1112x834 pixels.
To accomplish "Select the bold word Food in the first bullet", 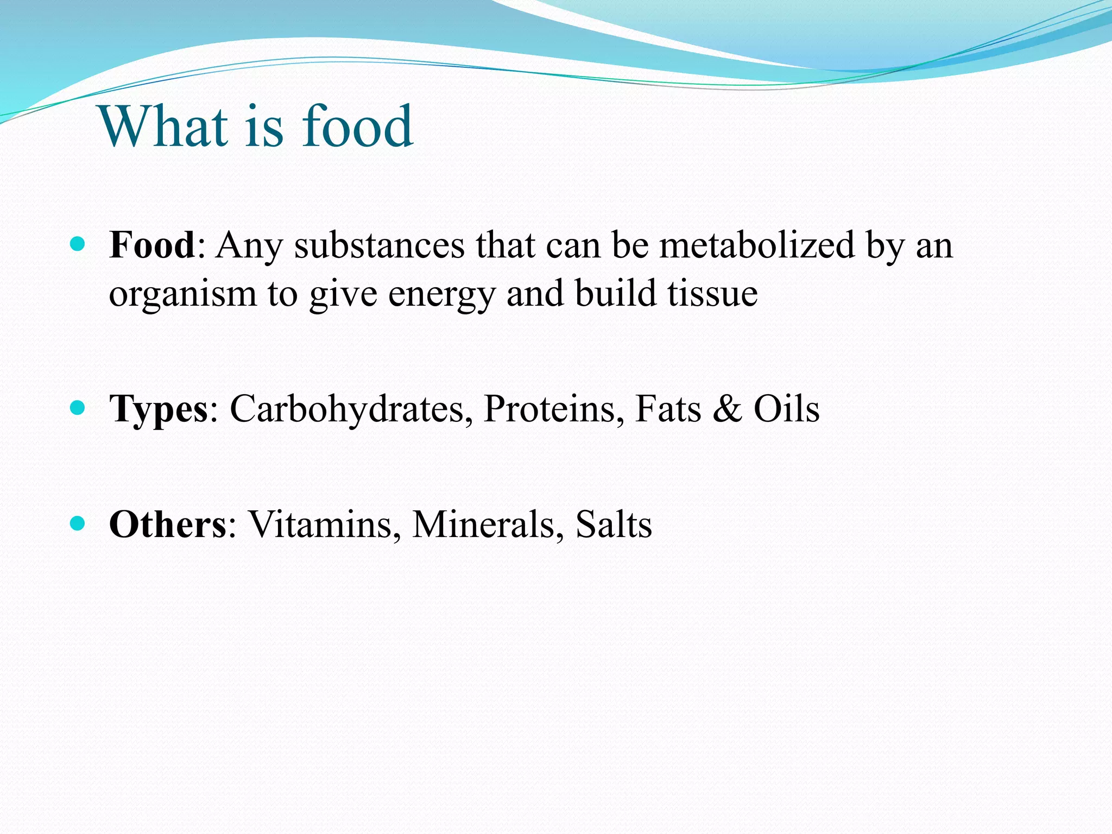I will point(152,245).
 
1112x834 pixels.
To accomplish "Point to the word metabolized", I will point(757,245).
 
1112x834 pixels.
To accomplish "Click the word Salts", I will point(614,525).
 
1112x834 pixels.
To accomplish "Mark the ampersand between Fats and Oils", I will point(727,409).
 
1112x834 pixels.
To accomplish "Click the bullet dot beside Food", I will point(78,244).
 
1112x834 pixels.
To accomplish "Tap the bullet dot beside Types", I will point(78,408).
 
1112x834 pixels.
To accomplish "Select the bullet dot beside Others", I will point(78,523).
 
